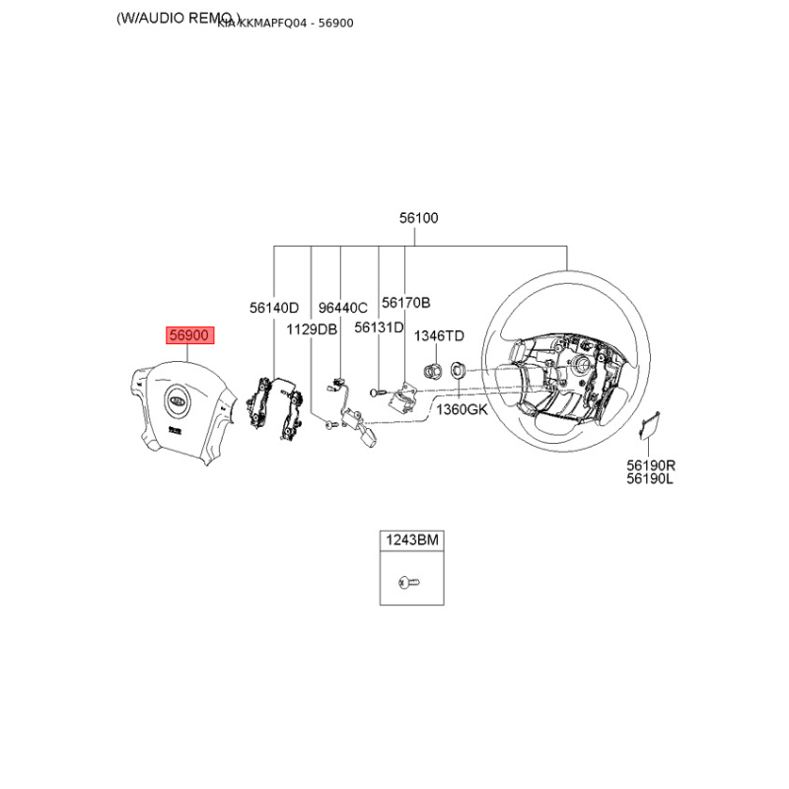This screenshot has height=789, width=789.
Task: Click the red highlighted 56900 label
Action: [188, 335]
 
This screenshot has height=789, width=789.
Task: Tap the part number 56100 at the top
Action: [418, 219]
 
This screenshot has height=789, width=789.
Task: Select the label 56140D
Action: [273, 308]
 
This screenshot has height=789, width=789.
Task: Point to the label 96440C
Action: [341, 308]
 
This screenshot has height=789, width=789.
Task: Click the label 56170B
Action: [406, 303]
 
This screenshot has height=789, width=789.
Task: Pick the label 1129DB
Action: [312, 328]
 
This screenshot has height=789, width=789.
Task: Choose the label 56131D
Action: [379, 327]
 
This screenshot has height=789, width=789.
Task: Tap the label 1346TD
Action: [438, 336]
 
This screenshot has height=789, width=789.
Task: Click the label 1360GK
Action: [462, 408]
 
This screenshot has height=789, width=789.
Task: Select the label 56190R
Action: [650, 465]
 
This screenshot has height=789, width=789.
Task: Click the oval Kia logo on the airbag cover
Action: [176, 401]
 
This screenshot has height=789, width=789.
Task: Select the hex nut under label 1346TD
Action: [431, 371]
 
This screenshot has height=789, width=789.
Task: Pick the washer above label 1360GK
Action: [459, 372]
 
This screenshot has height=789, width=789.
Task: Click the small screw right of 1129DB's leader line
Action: [328, 425]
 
